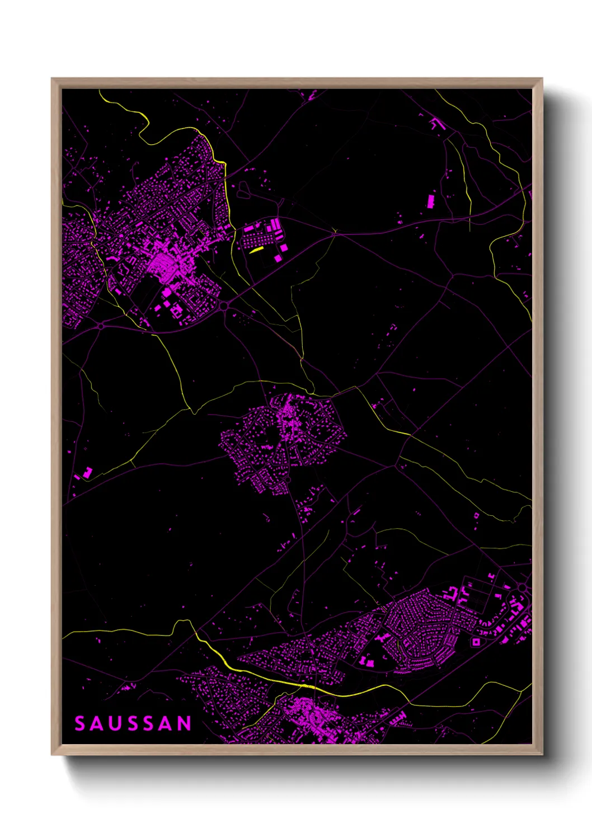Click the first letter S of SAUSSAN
click(x=80, y=723)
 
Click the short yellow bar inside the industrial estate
click(x=256, y=250)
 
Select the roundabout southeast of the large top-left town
click(x=224, y=305)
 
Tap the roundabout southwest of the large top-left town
click(x=101, y=326)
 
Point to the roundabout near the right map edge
click(x=523, y=587)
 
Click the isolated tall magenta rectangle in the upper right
click(x=431, y=201)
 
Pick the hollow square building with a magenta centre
click(x=476, y=642)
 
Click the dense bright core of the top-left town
click(x=162, y=261)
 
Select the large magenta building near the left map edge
click(x=87, y=473)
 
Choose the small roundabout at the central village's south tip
click(x=288, y=480)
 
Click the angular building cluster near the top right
click(x=436, y=123)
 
